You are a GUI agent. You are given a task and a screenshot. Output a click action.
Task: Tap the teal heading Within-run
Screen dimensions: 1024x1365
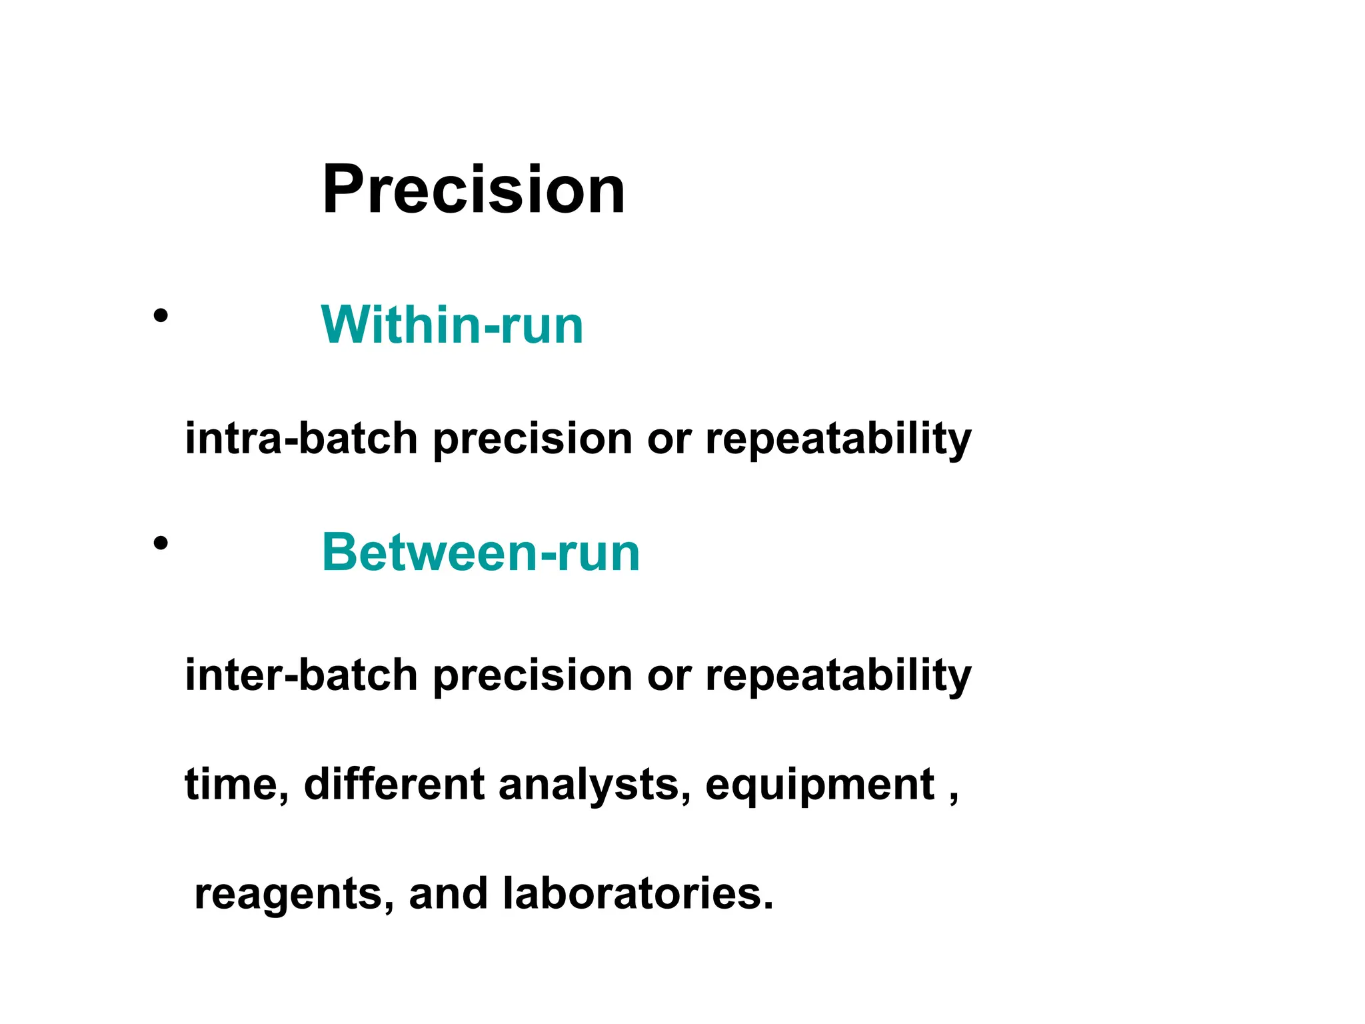pos(452,325)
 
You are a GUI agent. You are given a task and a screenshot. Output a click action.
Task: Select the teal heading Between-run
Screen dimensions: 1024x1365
pos(481,553)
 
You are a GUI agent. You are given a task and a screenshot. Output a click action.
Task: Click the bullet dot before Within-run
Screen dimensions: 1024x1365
pos(160,315)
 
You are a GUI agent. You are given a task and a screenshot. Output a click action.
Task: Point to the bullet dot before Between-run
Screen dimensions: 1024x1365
pos(160,543)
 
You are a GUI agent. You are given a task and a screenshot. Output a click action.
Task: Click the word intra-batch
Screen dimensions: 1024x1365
pos(301,439)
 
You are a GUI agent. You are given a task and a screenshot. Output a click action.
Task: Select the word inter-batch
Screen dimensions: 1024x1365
pos(301,675)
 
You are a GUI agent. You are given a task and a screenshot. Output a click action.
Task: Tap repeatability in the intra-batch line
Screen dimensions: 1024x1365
pos(838,440)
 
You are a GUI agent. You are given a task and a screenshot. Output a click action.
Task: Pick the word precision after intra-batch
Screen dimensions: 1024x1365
pos(532,440)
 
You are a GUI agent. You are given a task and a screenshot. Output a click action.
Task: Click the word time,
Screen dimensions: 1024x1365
pos(237,785)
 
